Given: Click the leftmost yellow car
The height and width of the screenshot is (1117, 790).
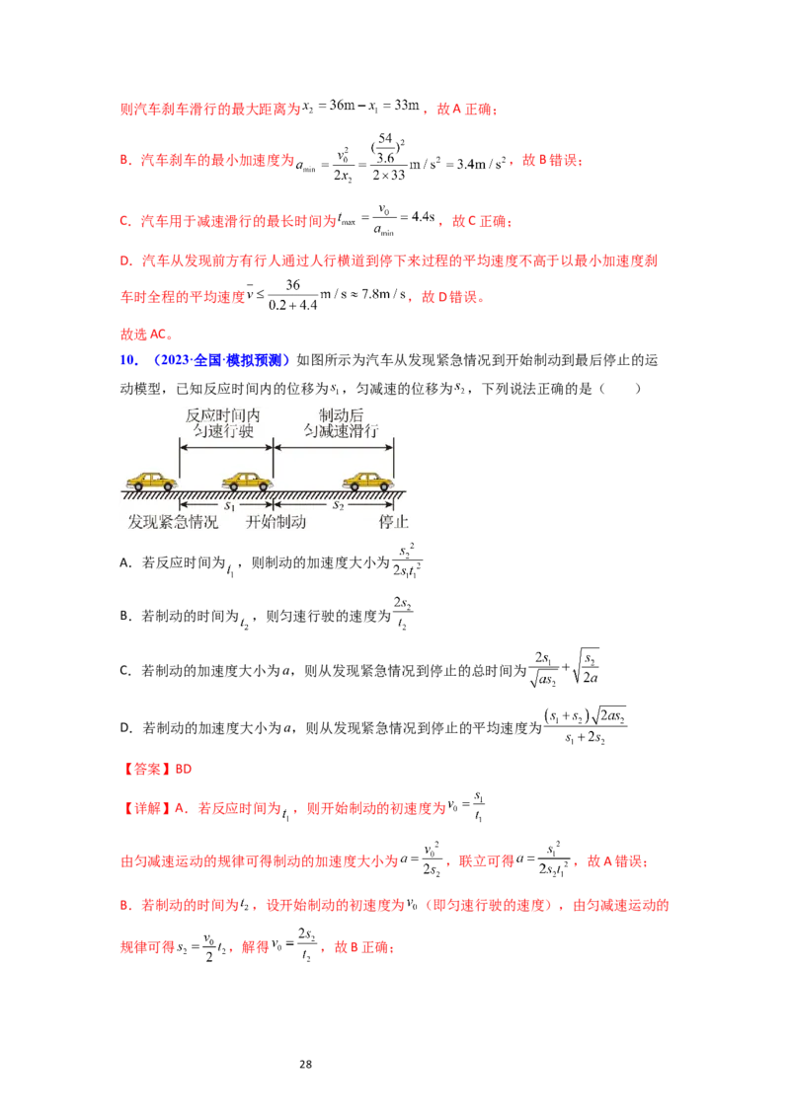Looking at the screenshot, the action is (x=151, y=481).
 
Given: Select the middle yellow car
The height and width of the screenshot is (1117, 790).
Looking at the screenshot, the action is (x=247, y=481).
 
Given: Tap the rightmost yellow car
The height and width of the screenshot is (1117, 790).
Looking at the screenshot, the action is (x=367, y=481).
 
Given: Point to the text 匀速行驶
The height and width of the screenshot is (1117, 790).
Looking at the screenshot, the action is (x=225, y=432).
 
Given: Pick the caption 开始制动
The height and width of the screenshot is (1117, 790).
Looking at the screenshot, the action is (x=276, y=522).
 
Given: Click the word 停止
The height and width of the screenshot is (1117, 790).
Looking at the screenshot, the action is (x=393, y=522).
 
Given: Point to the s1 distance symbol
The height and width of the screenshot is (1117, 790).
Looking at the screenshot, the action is (x=227, y=505).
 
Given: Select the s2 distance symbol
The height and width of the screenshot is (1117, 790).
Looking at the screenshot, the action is (x=337, y=505).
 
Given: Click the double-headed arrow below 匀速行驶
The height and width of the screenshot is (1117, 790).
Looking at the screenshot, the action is (x=225, y=446).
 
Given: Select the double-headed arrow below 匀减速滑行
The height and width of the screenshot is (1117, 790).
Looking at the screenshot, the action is (x=334, y=446).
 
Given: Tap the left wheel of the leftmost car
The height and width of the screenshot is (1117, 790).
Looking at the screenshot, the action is (x=138, y=486).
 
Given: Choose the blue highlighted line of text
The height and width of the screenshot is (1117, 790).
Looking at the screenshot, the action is (x=204, y=362).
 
